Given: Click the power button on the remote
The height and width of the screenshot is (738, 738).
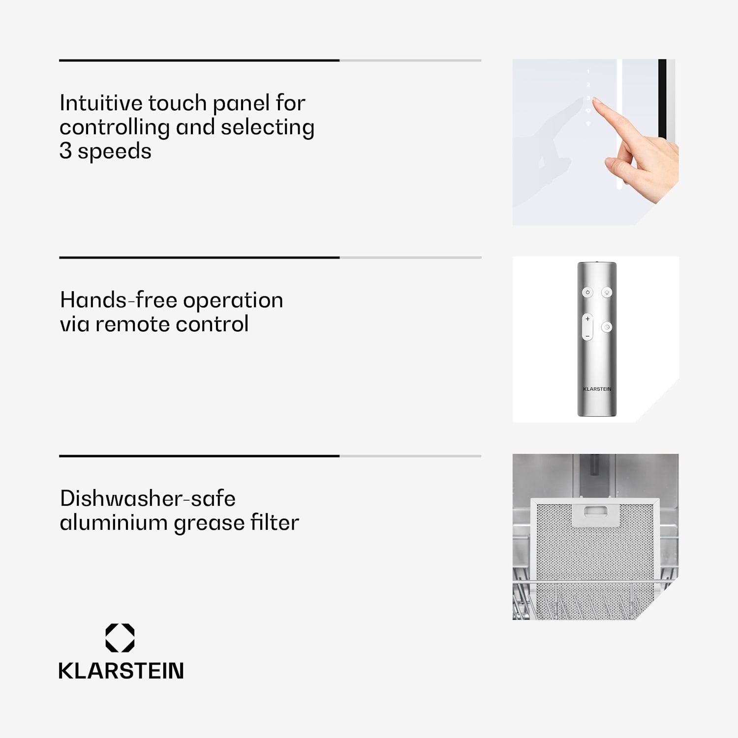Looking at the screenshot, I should pos(587,292).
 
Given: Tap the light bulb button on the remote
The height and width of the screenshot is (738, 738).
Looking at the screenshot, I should pos(607,292).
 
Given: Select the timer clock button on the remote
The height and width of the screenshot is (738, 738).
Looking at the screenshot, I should pos(607,327).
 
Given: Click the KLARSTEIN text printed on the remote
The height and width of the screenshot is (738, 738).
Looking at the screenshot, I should pos(597,389).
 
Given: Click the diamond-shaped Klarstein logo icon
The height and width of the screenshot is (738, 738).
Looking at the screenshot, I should pos(120,638).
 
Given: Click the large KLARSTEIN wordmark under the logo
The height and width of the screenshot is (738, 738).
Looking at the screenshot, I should pos(121,671).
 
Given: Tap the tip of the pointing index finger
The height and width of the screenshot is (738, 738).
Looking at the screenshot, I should pos(596,100).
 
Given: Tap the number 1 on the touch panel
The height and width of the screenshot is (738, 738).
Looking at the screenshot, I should pos(588,72).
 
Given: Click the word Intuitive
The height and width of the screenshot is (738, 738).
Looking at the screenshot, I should pos(101,103).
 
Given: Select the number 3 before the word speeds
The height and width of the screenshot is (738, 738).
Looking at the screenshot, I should pos(65,151).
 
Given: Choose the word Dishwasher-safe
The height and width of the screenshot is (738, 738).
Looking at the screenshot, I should pos(148,498).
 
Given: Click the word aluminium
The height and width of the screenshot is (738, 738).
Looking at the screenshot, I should pos(114,523).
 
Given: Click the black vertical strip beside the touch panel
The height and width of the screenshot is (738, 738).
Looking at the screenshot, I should pos(662,98).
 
